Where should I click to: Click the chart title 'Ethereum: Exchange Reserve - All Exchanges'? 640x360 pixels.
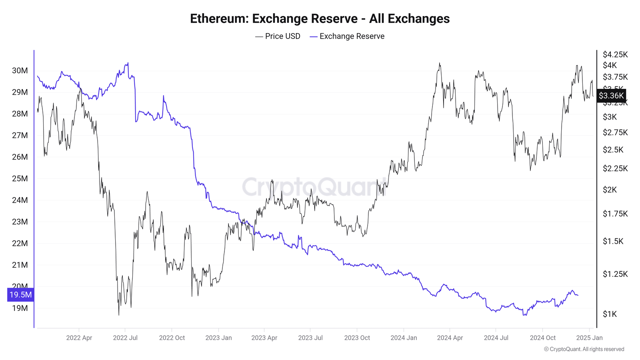320,19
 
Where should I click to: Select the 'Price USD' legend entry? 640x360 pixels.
278,36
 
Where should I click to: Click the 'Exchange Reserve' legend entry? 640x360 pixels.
347,36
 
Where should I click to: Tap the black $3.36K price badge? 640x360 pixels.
611,96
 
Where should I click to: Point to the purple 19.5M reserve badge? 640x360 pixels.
20,295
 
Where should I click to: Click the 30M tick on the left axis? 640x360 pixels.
20,71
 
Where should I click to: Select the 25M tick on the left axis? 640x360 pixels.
20,178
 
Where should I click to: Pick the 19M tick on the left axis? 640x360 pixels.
20,308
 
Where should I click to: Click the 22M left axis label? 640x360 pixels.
20,243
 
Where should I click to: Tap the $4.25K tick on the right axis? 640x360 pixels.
615,54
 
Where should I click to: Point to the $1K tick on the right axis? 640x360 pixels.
610,314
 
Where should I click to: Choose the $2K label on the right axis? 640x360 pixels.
610,190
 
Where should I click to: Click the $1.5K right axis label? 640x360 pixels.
613,241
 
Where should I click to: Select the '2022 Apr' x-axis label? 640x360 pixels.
79,338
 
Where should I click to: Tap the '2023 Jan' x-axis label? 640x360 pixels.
218,338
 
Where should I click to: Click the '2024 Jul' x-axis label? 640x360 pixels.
496,338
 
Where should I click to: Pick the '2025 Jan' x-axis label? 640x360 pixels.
589,338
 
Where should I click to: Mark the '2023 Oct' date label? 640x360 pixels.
357,338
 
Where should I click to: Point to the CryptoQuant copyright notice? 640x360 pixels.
584,349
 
